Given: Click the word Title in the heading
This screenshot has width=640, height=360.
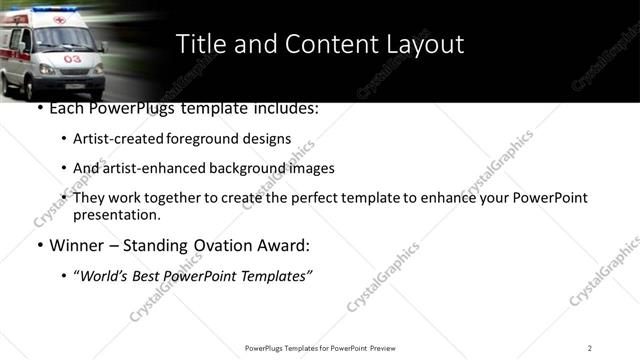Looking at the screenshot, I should click(x=200, y=44).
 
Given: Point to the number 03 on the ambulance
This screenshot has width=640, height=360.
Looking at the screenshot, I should click(x=73, y=59).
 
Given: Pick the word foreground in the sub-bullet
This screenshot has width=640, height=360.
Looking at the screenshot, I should click(x=201, y=139).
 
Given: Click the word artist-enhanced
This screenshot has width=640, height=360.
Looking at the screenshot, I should click(x=152, y=168).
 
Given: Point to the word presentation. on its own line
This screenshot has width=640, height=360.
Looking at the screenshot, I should click(x=116, y=214).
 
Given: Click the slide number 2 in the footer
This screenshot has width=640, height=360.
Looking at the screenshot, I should click(x=589, y=348).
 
